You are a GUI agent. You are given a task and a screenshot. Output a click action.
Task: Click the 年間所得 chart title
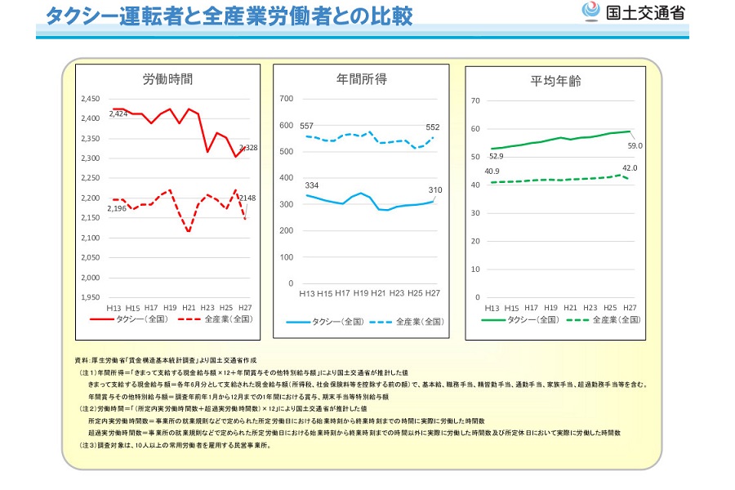coord(362,79)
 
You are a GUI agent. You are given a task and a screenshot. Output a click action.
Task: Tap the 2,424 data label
coord(118,114)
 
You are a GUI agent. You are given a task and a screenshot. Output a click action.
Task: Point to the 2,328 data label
coord(248,148)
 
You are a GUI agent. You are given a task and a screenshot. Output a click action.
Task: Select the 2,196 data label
coord(118,210)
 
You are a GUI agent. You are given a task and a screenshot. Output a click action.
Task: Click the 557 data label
coord(307,127)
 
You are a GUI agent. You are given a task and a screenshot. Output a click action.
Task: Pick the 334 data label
coord(311,185)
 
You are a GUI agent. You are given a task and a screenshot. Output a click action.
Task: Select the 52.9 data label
coord(496,156)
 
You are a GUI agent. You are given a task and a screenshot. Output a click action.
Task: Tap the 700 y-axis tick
coord(286,99)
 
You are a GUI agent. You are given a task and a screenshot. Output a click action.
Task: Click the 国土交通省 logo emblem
coord(589,12)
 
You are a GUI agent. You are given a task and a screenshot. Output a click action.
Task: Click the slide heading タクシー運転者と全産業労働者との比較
coord(229,16)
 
